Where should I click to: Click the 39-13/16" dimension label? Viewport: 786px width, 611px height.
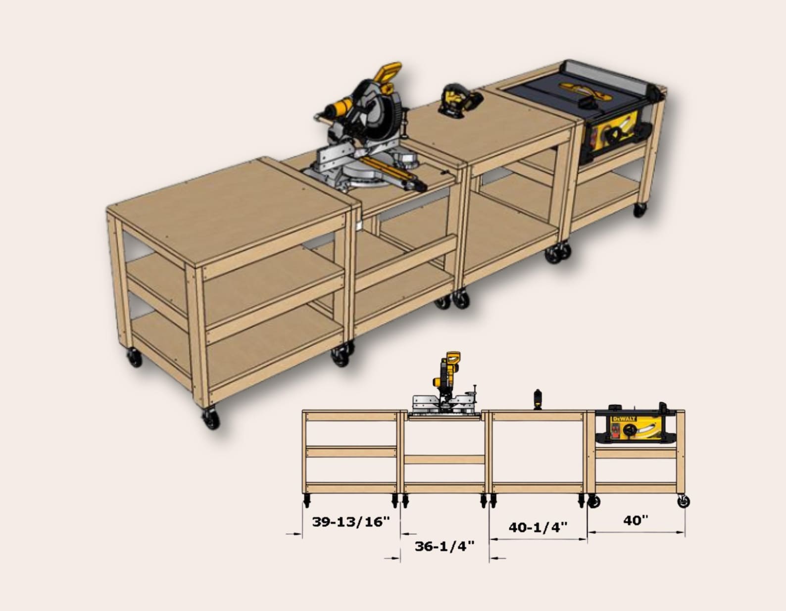[x=351, y=521]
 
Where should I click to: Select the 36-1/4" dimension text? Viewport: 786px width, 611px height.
[x=444, y=546]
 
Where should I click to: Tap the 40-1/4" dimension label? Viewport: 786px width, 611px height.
[x=538, y=527]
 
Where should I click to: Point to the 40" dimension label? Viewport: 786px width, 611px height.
[x=636, y=520]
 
